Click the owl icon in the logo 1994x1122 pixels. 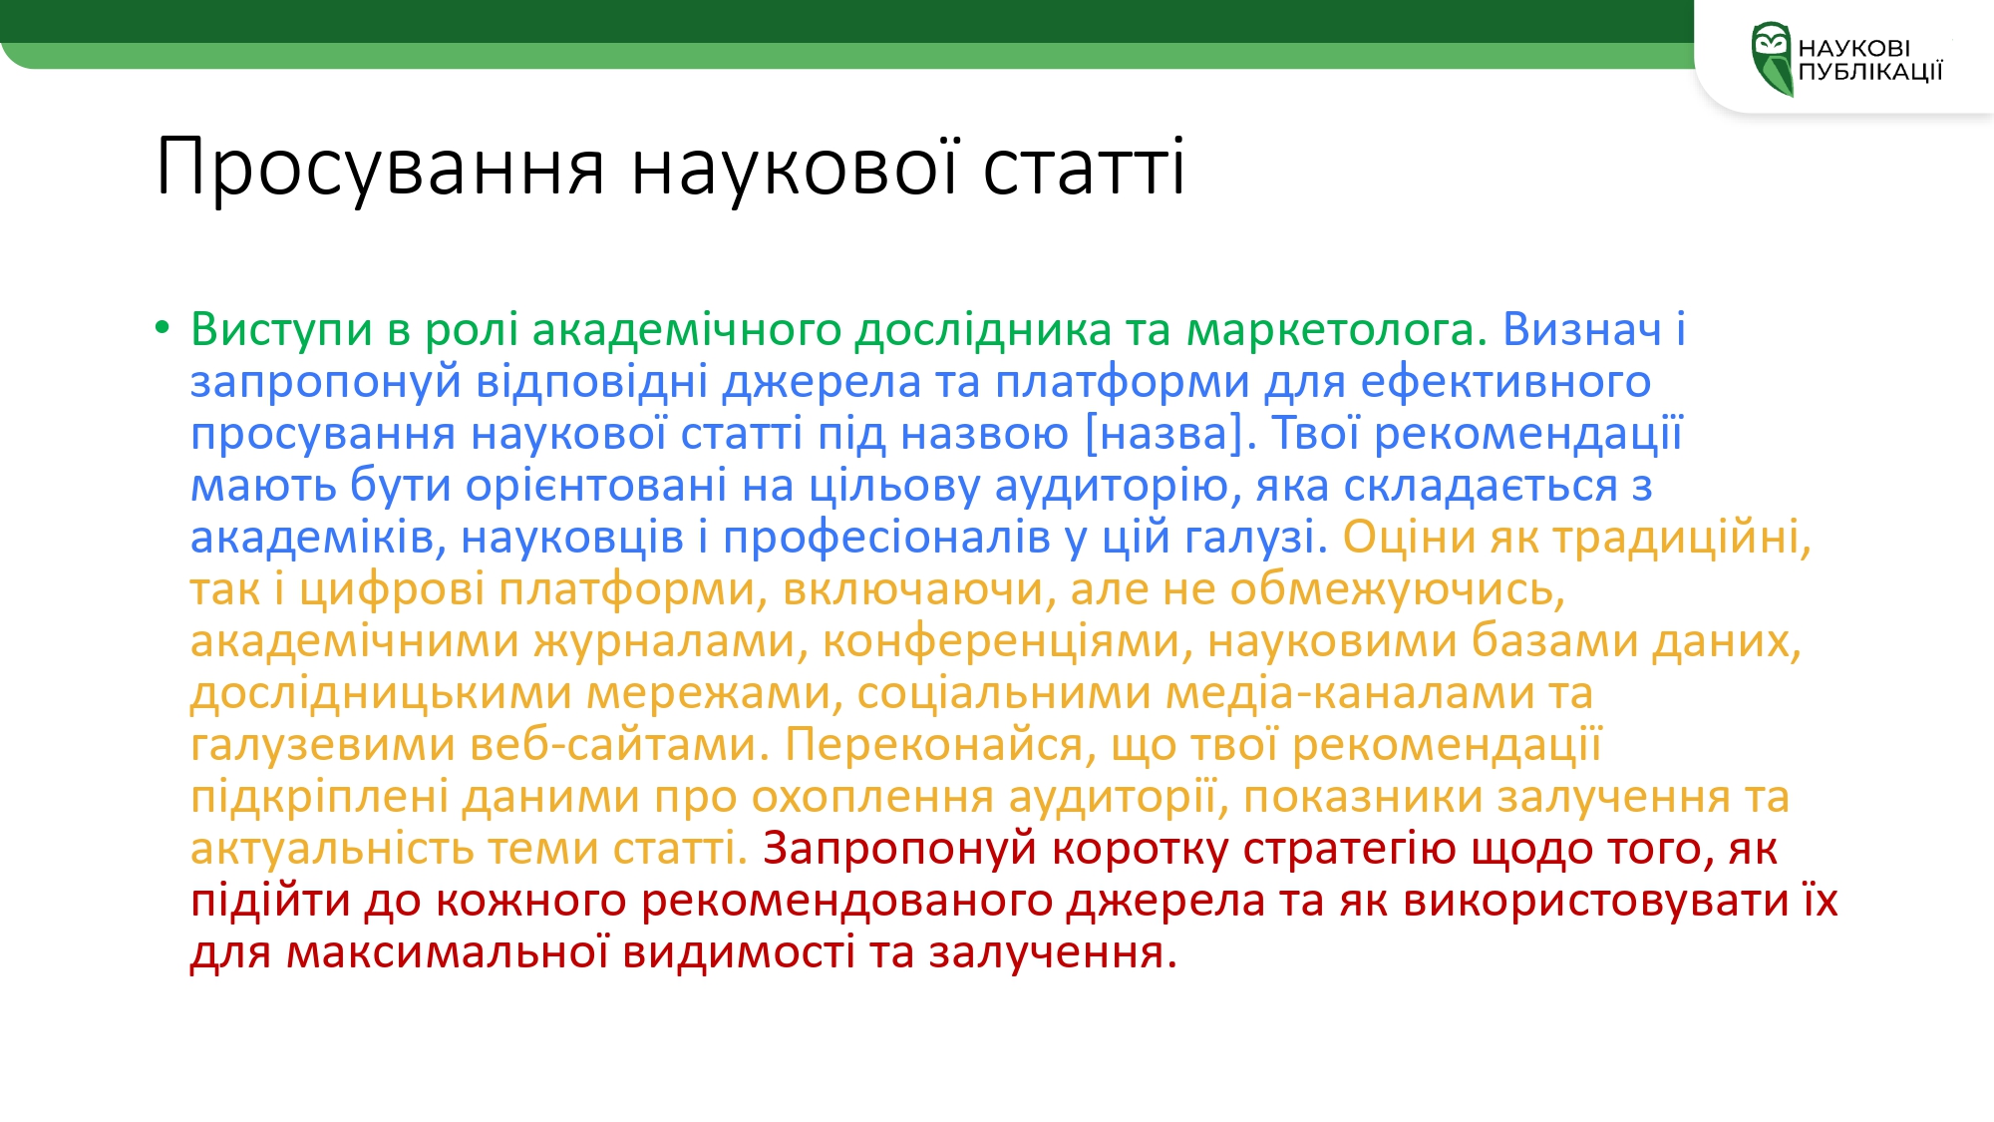(1772, 59)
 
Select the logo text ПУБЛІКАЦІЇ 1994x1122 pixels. (1870, 71)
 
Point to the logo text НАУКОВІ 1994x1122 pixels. (1854, 48)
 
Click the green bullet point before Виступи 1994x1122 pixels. (163, 327)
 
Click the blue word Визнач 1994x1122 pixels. (1582, 329)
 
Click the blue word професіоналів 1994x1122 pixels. (886, 538)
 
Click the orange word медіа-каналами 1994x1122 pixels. (1343, 693)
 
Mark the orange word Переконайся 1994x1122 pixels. (940, 745)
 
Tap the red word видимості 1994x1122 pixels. (739, 952)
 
